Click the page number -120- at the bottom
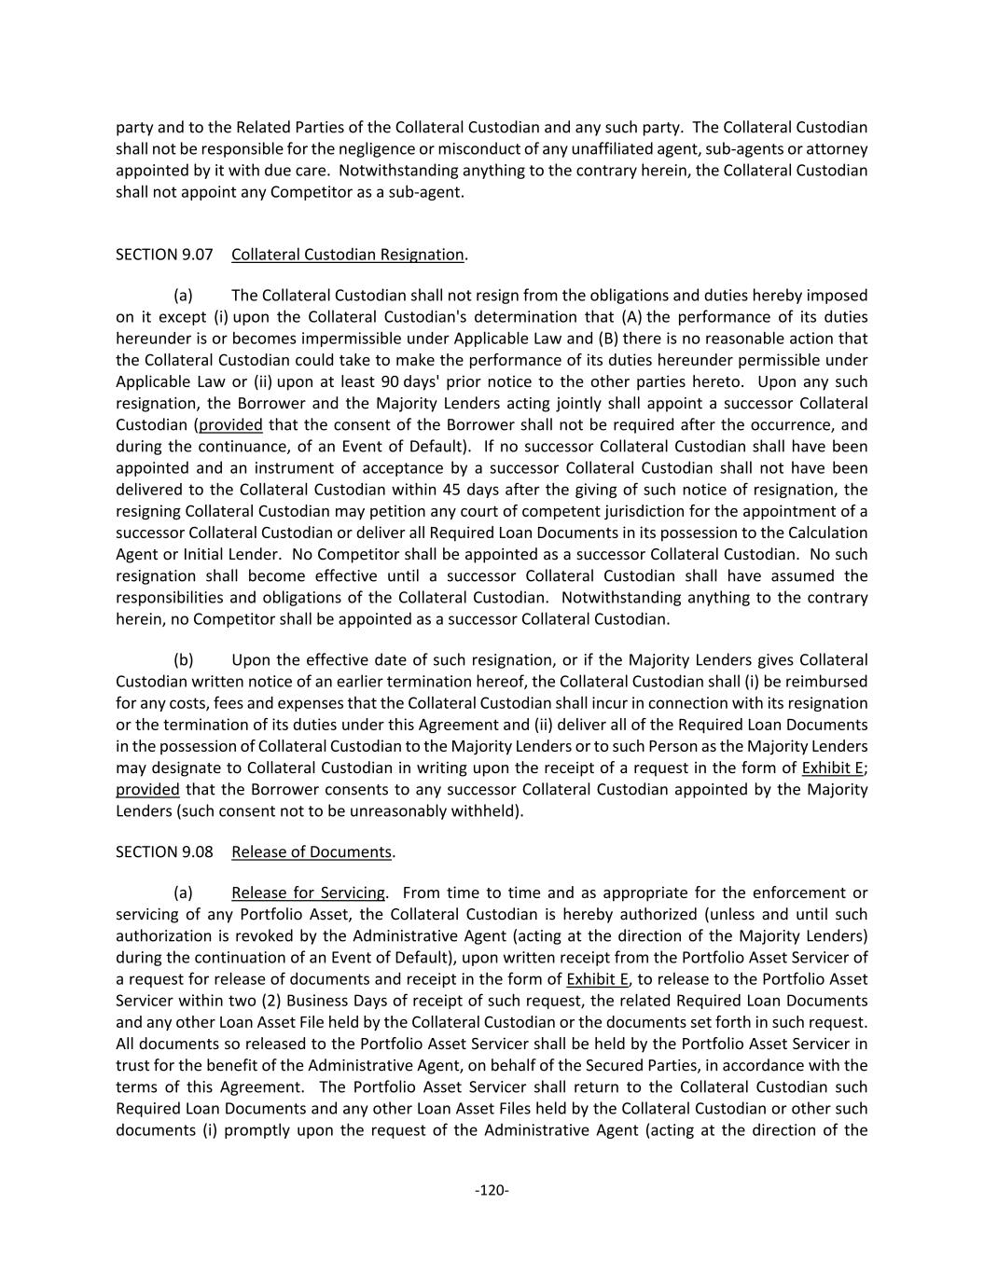[x=492, y=1190]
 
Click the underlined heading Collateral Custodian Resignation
[x=347, y=255]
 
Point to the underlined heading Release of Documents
[x=312, y=852]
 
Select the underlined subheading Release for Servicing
[x=308, y=893]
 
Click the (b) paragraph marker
[x=184, y=660]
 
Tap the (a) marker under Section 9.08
[x=184, y=893]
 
